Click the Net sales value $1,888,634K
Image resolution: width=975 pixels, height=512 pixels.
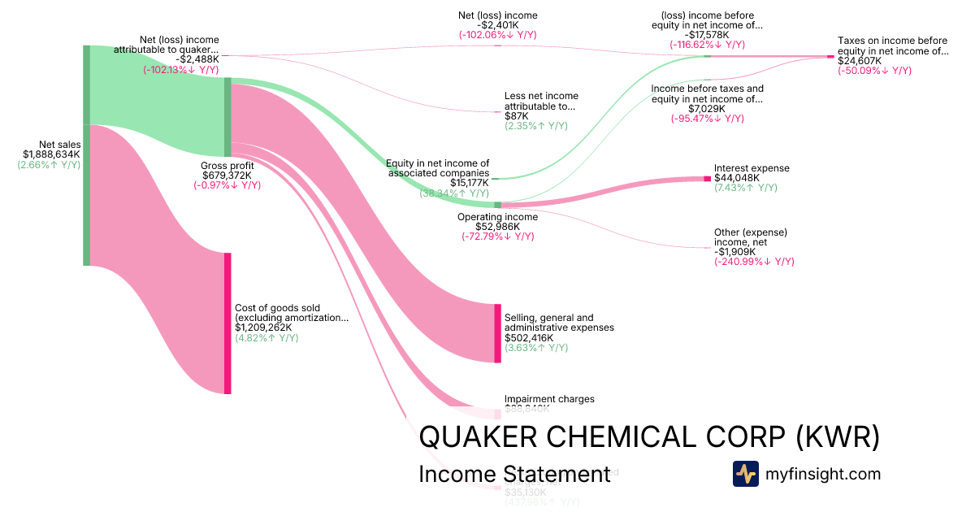click(x=51, y=154)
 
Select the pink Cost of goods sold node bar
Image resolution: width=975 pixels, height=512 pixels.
click(x=227, y=323)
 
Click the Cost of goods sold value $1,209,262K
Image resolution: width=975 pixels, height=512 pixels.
click(x=267, y=328)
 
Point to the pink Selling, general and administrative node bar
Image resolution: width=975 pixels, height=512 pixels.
click(x=498, y=333)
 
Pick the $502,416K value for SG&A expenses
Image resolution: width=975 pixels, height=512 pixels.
click(x=529, y=337)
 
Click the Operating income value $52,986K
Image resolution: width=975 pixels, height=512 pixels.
click(x=486, y=227)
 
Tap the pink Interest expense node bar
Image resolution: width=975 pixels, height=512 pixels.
click(x=707, y=178)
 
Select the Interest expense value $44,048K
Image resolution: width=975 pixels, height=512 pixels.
click(x=737, y=178)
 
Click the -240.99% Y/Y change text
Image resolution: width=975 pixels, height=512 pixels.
click(x=754, y=262)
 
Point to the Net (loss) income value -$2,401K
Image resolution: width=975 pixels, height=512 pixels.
click(x=497, y=25)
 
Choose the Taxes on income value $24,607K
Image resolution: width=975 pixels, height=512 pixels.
click(x=860, y=61)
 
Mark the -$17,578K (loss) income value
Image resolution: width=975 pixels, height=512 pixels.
click(x=707, y=35)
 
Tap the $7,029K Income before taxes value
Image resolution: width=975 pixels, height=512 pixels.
click(x=707, y=109)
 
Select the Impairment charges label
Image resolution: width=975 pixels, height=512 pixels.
click(x=549, y=399)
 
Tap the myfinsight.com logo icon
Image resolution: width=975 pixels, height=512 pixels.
click(x=745, y=474)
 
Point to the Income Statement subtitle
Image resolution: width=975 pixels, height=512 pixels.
click(x=513, y=474)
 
